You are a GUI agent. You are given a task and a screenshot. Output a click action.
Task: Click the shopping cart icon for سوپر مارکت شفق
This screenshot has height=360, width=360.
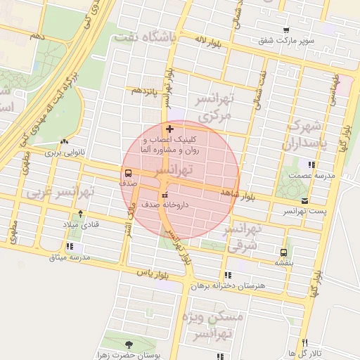(x=285, y=30)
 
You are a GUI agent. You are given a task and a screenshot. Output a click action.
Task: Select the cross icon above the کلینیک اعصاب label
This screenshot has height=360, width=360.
(x=169, y=129)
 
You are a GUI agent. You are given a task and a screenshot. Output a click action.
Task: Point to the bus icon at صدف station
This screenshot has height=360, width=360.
(x=128, y=172)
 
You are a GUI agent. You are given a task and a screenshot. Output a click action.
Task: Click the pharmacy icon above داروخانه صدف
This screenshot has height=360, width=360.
(x=165, y=195)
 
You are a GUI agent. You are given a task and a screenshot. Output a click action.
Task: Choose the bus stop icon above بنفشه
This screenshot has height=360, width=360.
(x=283, y=252)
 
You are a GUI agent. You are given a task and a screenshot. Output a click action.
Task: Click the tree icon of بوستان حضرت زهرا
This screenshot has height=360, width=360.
(x=128, y=344)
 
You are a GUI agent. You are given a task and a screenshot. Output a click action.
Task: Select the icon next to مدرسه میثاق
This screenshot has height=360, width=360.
(x=69, y=247)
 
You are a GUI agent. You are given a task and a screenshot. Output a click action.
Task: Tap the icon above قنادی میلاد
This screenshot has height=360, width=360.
(x=81, y=214)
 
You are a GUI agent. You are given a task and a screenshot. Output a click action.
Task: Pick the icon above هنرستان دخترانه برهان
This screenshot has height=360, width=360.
(x=226, y=274)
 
